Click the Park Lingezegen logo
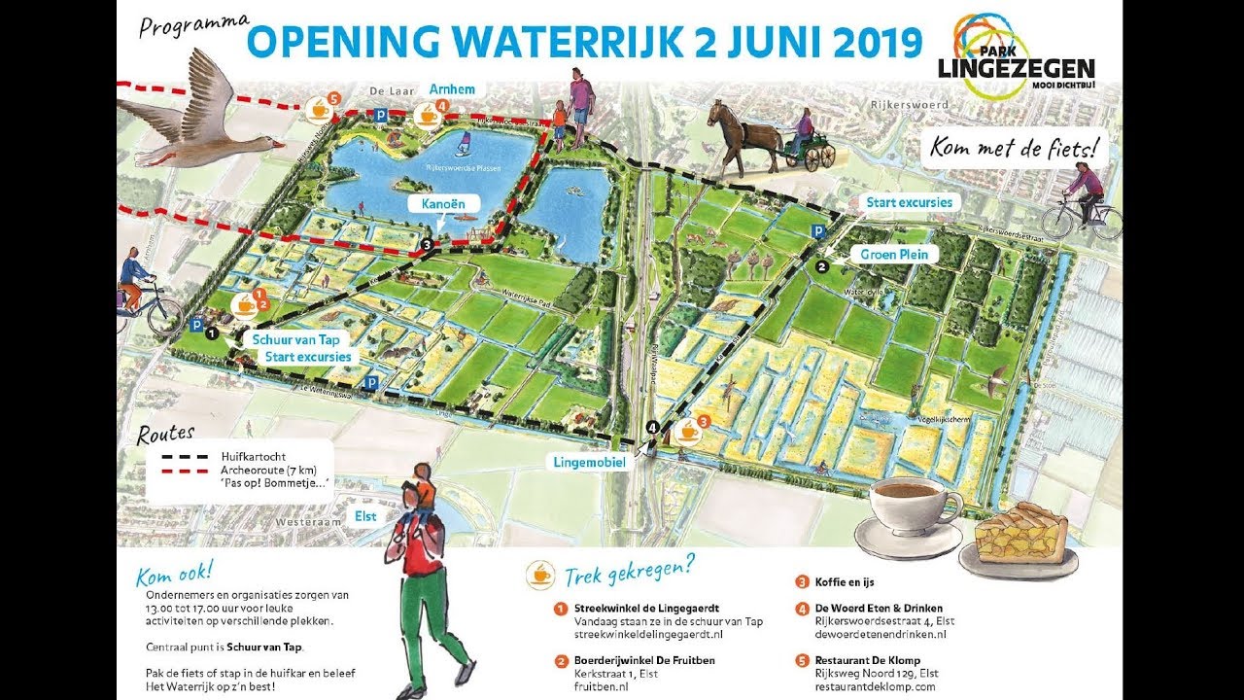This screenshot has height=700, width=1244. click(x=1015, y=57)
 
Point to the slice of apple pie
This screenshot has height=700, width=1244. click(x=1020, y=534)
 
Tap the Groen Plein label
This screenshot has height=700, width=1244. click(x=894, y=255)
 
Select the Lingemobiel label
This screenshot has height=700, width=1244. click(x=590, y=463)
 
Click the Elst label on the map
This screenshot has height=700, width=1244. click(x=365, y=516)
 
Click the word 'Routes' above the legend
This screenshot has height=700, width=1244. click(x=166, y=434)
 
